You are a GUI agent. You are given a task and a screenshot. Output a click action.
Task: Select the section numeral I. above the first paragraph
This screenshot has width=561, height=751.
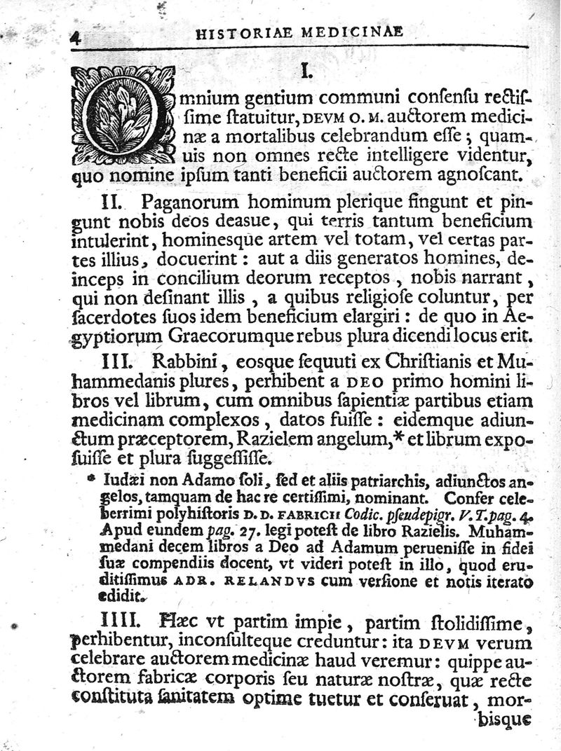pos(306,71)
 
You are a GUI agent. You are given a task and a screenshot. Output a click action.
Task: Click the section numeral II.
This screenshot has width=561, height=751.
pos(113,204)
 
